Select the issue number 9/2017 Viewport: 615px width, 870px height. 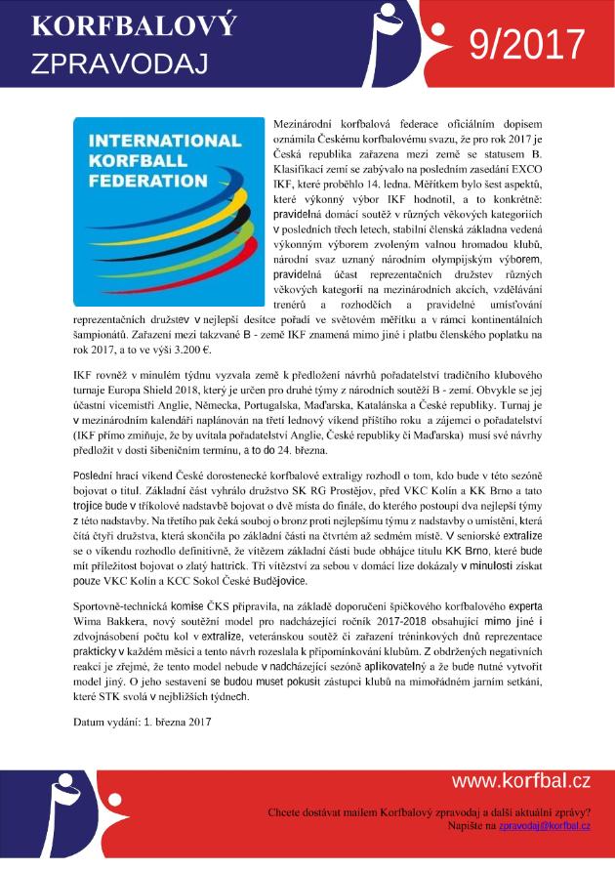click(525, 45)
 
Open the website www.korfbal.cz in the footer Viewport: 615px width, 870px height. click(520, 780)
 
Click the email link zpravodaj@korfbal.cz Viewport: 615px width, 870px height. click(545, 826)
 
